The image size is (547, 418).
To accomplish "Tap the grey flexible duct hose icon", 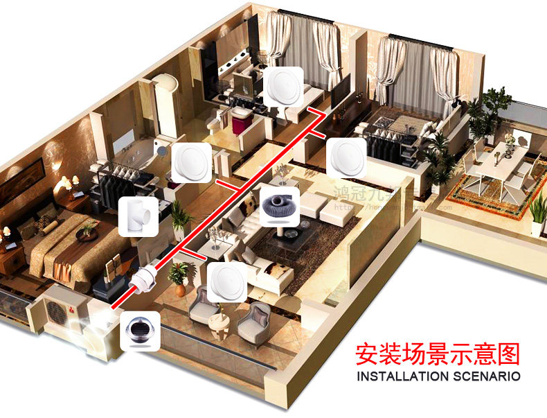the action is coord(280,207).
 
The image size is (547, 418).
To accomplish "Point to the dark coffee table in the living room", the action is coord(291,235).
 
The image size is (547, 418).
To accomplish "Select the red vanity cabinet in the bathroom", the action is coord(242,122).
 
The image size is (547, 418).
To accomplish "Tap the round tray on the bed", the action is coord(87,234).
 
